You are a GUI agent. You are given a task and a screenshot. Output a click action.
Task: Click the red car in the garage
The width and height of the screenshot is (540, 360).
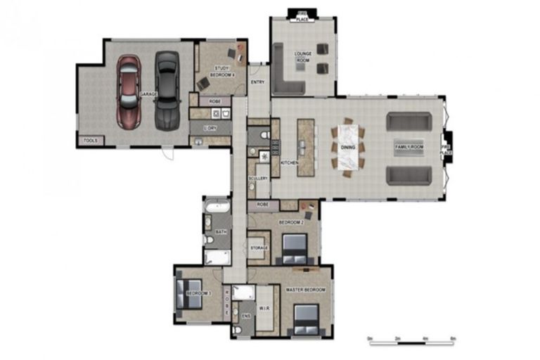click(x=129, y=91)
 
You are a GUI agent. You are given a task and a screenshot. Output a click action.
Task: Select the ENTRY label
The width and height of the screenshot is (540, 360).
click(x=258, y=83)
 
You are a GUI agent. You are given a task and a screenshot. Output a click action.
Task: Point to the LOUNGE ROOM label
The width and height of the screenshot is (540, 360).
click(x=303, y=56)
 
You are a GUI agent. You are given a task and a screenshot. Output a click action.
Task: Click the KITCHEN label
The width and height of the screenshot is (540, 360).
click(x=289, y=162)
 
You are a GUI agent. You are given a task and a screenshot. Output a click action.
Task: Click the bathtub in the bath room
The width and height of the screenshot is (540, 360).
click(x=217, y=207)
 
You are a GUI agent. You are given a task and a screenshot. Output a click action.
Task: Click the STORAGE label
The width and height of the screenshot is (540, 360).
click(x=259, y=248)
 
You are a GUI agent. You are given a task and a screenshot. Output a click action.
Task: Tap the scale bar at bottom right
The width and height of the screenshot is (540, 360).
click(x=412, y=342)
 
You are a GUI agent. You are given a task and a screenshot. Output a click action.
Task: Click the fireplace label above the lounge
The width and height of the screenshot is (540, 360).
click(x=303, y=16)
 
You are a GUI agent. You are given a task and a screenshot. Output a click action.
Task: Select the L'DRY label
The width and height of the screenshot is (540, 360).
click(x=209, y=128)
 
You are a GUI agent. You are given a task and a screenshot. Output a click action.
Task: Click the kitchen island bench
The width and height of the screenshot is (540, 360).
click(x=304, y=145)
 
